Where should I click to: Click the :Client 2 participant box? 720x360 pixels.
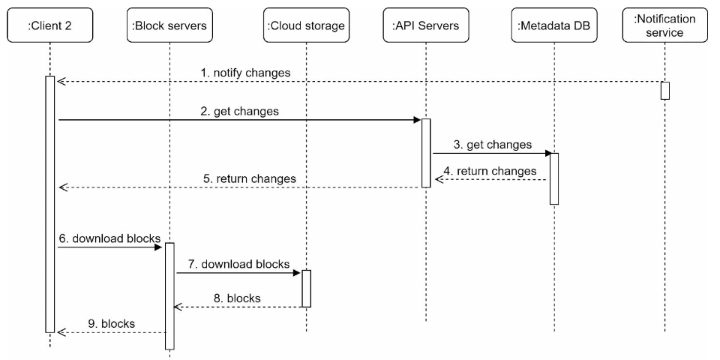tap(49, 25)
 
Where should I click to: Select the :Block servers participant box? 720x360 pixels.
tap(169, 25)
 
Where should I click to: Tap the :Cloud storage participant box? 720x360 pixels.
tap(306, 25)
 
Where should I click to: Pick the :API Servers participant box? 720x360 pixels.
tap(426, 25)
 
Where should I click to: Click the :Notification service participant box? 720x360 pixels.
tap(665, 25)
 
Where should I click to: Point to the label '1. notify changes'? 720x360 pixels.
tap(246, 73)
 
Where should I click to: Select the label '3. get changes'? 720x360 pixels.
tap(493, 145)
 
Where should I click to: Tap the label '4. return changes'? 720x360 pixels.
tap(490, 171)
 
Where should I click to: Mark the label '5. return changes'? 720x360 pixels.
tap(249, 178)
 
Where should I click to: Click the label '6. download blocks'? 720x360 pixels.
tap(109, 238)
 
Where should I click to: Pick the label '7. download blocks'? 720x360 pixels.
tap(238, 264)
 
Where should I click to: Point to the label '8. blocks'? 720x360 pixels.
tap(238, 298)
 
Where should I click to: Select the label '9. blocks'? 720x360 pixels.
tap(112, 324)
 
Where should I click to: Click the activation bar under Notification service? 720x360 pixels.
tap(665, 91)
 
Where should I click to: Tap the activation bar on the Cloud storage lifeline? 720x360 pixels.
tap(306, 288)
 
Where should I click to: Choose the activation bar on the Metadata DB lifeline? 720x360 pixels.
tap(554, 178)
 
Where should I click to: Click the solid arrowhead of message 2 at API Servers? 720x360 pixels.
tap(418, 120)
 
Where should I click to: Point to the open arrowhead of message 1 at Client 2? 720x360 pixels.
tap(61, 82)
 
